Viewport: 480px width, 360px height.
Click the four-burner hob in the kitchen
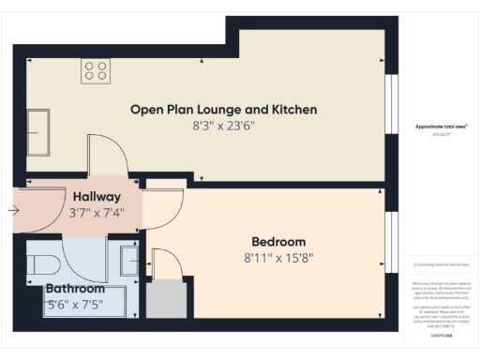(x=95, y=70)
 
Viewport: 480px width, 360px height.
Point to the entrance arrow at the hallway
(x=12, y=210)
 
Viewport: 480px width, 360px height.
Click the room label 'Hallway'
(x=96, y=197)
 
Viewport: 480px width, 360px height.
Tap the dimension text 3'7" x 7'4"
(x=96, y=214)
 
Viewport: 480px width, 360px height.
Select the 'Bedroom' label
(x=279, y=241)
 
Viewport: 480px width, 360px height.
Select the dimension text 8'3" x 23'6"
(x=223, y=126)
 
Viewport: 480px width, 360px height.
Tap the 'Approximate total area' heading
(x=440, y=127)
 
